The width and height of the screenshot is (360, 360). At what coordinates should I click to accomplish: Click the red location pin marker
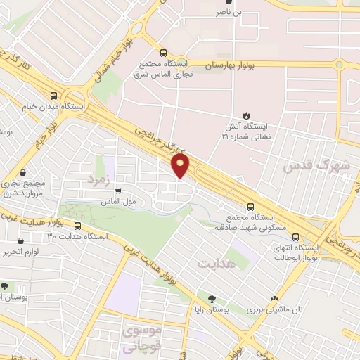tap(181, 165)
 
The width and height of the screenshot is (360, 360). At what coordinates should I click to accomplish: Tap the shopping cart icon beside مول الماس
tap(118, 191)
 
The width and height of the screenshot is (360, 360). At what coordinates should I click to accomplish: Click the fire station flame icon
tap(246, 115)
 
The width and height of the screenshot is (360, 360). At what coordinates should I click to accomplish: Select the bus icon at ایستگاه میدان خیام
tap(54, 97)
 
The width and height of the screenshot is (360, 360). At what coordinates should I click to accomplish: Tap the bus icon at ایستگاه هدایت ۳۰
tap(77, 226)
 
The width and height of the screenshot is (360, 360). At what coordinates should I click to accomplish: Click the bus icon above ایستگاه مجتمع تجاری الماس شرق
tap(163, 53)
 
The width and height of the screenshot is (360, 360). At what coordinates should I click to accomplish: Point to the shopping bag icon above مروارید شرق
tap(23, 172)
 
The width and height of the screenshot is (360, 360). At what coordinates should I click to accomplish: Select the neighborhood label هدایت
tap(215, 264)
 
